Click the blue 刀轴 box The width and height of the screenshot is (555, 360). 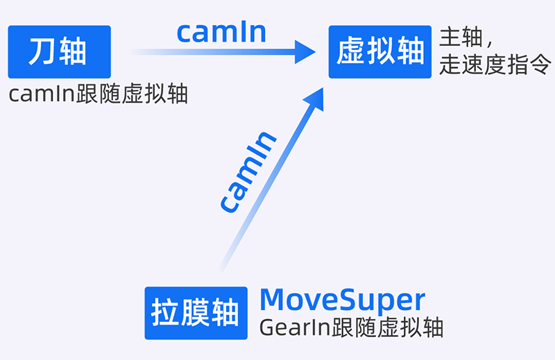pyautogui.click(x=59, y=52)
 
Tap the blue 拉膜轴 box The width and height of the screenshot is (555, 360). pyautogui.click(x=196, y=313)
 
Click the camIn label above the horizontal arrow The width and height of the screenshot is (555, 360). pyautogui.click(x=221, y=32)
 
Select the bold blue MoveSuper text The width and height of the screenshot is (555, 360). pyautogui.click(x=342, y=300)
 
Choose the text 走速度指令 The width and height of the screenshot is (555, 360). pyautogui.click(x=495, y=66)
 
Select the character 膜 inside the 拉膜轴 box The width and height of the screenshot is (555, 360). pyautogui.click(x=196, y=313)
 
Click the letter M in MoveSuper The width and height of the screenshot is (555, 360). pyautogui.click(x=273, y=300)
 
